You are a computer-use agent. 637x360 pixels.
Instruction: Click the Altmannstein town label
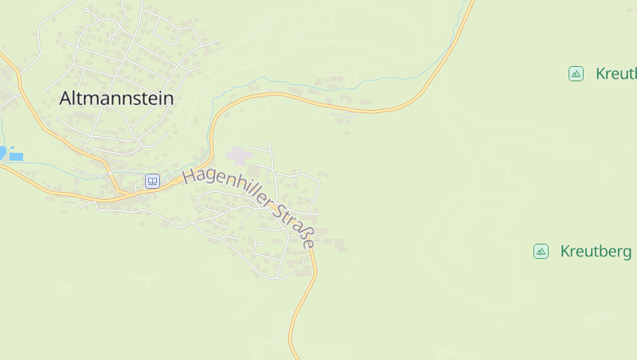[x=116, y=99]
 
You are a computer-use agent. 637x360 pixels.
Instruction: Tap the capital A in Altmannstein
[x=66, y=99]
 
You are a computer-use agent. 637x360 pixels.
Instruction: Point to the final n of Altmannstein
[x=167, y=100]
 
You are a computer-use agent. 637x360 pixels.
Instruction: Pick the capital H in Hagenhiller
[x=190, y=176]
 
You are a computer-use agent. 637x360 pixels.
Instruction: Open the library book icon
[x=152, y=181]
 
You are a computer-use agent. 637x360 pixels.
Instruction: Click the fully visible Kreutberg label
[x=596, y=252]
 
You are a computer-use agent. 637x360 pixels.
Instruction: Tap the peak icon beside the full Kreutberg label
[x=541, y=252]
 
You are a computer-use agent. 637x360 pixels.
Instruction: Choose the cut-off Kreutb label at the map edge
[x=616, y=74]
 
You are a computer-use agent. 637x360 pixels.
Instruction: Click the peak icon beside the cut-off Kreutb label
[x=576, y=74]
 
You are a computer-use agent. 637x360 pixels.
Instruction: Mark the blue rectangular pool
[x=16, y=157]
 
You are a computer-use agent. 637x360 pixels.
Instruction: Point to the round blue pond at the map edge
[x=2, y=152]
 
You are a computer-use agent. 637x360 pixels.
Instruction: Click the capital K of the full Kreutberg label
[x=565, y=252]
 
